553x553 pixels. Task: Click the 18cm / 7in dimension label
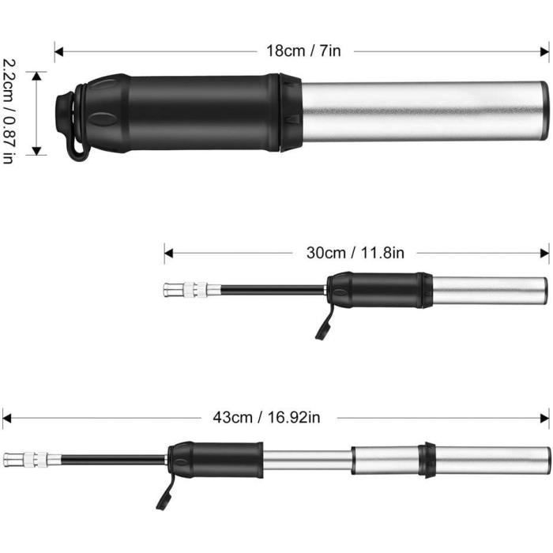coord(303,51)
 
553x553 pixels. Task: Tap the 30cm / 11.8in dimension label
coord(355,253)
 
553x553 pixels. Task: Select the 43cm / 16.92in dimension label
coord(266,418)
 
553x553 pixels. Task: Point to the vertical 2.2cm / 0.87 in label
coord(9,111)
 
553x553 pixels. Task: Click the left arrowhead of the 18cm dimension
coord(59,52)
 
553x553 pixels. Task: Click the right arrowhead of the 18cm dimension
coord(544,52)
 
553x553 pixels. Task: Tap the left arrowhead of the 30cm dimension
coord(168,253)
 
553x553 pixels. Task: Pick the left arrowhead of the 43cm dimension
coord(6,418)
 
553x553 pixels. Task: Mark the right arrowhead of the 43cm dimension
coord(545,418)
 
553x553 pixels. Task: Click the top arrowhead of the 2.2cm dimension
coord(36,76)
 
